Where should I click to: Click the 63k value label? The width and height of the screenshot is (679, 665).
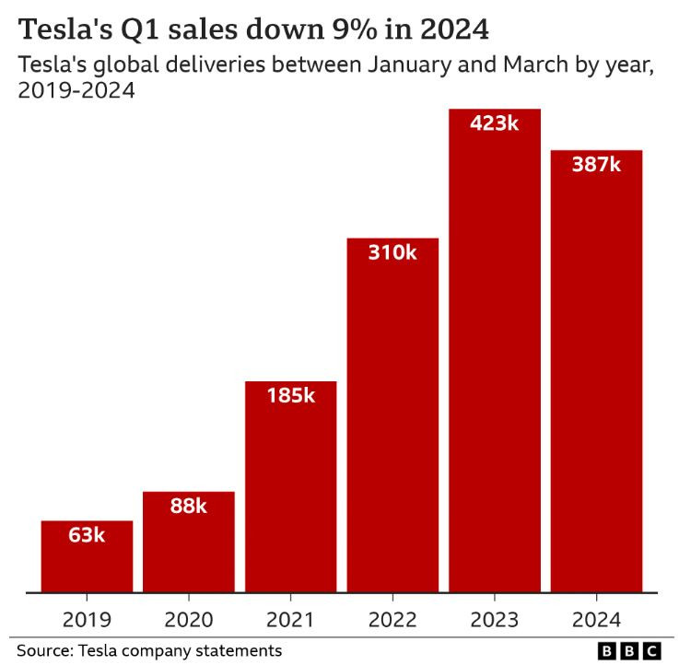click(x=87, y=535)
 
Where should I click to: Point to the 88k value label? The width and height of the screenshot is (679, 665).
click(x=189, y=506)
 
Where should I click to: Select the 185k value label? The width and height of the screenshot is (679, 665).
click(x=290, y=396)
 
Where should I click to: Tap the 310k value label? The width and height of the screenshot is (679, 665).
click(x=392, y=252)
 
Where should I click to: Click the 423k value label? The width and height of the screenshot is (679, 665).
click(x=494, y=123)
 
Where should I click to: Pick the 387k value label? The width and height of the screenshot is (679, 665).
click(x=596, y=165)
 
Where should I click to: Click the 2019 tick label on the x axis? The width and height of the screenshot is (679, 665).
click(x=87, y=619)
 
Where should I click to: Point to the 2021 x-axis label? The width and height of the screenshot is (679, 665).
click(x=290, y=619)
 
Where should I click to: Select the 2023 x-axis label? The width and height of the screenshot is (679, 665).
click(x=494, y=619)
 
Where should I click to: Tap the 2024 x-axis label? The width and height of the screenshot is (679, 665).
click(x=596, y=619)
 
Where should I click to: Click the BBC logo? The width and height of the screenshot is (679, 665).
click(x=630, y=650)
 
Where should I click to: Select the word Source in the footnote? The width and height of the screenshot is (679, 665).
click(x=44, y=650)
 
